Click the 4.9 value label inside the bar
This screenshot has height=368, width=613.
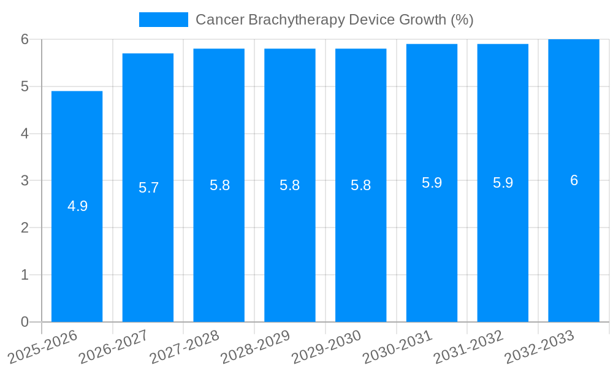click(x=77, y=206)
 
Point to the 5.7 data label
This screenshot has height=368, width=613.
click(x=148, y=188)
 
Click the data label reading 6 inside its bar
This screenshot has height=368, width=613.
click(x=574, y=180)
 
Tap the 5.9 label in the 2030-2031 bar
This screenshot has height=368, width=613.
click(x=432, y=183)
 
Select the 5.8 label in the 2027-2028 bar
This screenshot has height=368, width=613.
click(x=219, y=185)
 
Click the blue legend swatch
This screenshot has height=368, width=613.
click(x=163, y=20)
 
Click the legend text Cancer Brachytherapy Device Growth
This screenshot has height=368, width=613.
click(x=334, y=20)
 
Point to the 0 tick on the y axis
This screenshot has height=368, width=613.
click(x=25, y=322)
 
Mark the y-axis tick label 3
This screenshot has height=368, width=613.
click(x=25, y=181)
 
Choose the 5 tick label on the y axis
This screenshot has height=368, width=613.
click(x=25, y=86)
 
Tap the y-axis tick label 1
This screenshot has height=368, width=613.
click(x=25, y=275)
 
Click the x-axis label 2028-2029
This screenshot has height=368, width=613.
click(x=255, y=347)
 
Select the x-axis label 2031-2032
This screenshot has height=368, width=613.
click(x=468, y=347)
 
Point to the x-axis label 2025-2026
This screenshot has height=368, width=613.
click(x=42, y=347)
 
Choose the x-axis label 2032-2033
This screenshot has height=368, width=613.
click(x=539, y=347)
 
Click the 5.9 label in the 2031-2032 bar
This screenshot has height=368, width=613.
click(x=503, y=183)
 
